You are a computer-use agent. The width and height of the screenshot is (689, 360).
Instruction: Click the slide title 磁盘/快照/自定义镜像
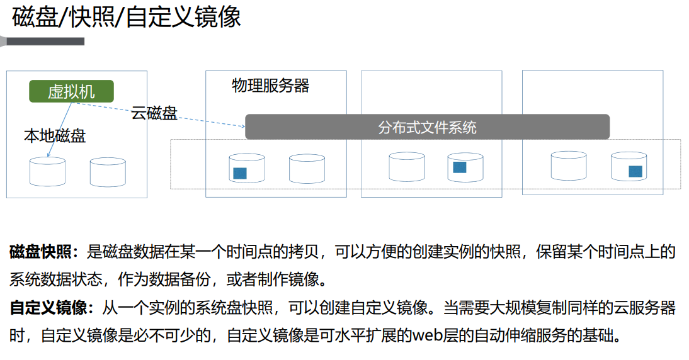(127, 17)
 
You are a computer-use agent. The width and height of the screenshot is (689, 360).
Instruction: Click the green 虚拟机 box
(71, 92)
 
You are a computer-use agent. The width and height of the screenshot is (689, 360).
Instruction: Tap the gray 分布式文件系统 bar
(427, 127)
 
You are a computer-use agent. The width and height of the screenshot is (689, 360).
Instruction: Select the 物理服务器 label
(270, 86)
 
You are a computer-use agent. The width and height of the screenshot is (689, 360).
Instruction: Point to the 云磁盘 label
(154, 114)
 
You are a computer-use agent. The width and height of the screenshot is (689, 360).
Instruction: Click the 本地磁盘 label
(55, 135)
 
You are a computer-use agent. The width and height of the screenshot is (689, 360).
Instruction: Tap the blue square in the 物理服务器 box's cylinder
(239, 173)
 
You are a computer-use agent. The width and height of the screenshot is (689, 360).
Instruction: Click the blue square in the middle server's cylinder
(460, 167)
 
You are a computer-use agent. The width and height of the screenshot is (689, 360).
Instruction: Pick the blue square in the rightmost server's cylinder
(635, 171)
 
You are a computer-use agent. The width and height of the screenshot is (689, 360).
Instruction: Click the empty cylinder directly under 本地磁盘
(47, 171)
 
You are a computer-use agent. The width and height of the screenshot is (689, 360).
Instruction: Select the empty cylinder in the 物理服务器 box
(307, 169)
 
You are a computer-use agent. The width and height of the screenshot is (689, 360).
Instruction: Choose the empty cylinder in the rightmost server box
(569, 166)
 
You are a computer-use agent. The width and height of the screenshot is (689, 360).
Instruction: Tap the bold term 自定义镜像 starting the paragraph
(47, 308)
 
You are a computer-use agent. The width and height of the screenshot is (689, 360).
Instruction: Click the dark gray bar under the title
(44, 42)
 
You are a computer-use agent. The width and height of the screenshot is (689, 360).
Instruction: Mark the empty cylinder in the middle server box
(406, 167)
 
